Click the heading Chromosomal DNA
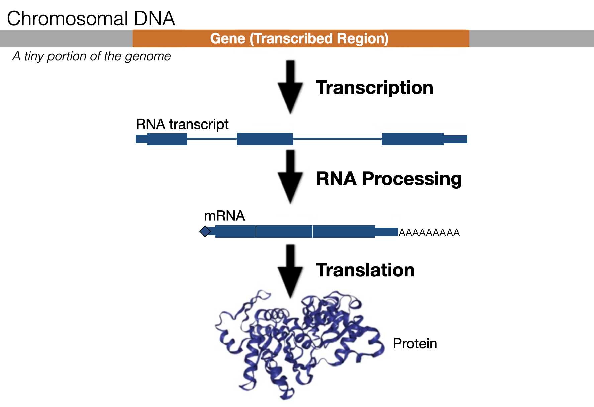(x=91, y=19)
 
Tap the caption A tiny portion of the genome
(x=91, y=56)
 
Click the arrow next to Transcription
(x=290, y=87)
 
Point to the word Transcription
(x=375, y=88)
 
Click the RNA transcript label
(x=182, y=125)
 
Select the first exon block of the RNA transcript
(x=167, y=139)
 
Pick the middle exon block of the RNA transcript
(x=265, y=139)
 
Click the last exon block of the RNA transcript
(x=412, y=139)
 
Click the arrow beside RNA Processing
(x=290, y=176)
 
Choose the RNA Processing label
(x=389, y=179)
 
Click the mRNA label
(x=224, y=216)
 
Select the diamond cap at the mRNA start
(x=205, y=231)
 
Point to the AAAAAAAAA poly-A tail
(x=429, y=233)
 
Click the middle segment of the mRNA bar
(x=284, y=232)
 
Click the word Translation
(x=365, y=270)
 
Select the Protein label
(x=415, y=344)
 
